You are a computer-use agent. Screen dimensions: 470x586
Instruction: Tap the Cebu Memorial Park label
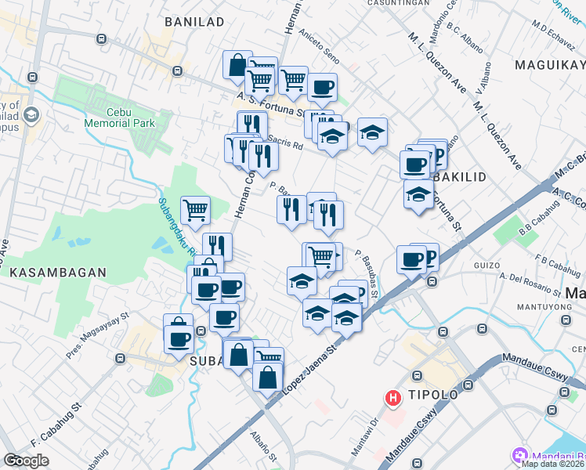pyautogui.click(x=121, y=117)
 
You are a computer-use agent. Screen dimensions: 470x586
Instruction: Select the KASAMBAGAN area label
pyautogui.click(x=58, y=272)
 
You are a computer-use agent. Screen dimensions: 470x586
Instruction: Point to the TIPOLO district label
pyautogui.click(x=431, y=394)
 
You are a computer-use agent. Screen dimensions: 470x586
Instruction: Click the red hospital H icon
pyautogui.click(x=392, y=399)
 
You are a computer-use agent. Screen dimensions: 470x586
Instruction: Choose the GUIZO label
pyautogui.click(x=487, y=266)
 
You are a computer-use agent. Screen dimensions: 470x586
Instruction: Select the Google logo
pyautogui.click(x=26, y=461)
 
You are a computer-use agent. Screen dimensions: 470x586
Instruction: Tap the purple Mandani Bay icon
pyautogui.click(x=519, y=454)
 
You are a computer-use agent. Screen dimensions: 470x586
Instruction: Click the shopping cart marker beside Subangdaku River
pyautogui.click(x=195, y=209)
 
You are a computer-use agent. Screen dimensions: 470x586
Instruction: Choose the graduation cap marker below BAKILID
pyautogui.click(x=418, y=194)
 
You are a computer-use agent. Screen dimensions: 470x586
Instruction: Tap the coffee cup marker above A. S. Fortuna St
pyautogui.click(x=321, y=87)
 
